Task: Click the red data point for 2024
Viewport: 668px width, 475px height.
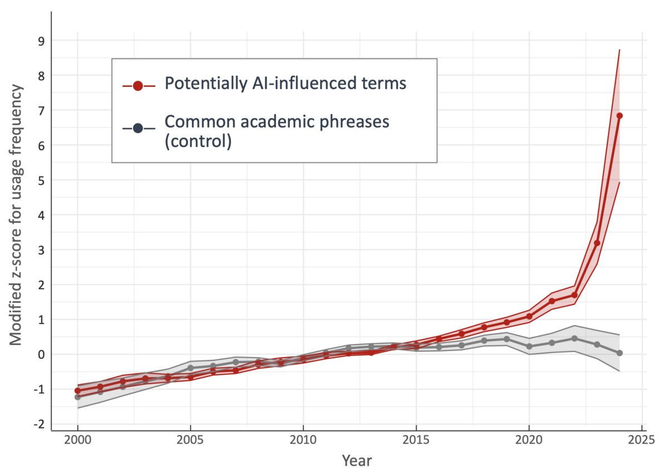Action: pos(620,116)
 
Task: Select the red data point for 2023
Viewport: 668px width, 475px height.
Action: pos(597,243)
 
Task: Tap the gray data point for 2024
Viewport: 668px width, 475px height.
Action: pos(620,353)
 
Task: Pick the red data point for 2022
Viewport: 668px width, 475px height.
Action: pos(574,295)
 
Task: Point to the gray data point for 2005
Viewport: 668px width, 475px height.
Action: pos(190,368)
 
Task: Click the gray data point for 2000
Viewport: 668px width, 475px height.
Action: pos(77,397)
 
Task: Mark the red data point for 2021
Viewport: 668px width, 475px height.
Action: pos(552,301)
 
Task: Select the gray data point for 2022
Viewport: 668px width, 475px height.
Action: pos(574,338)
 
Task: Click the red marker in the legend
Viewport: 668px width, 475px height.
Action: pos(138,86)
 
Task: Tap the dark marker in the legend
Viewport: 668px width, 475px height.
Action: pos(138,128)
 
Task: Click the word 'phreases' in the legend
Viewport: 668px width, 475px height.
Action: pos(354,123)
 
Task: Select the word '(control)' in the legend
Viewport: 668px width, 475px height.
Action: pos(198,141)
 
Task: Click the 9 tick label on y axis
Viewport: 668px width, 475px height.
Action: pos(41,41)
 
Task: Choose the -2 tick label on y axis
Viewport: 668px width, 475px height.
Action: pos(39,424)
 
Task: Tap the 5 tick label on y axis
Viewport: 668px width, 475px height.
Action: pos(41,181)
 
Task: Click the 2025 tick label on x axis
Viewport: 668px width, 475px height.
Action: pos(641,440)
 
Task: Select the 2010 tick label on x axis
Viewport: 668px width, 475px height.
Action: pos(303,440)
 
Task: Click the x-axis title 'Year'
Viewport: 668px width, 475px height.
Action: pos(357,461)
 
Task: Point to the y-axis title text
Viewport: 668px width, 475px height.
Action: pos(16,215)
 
